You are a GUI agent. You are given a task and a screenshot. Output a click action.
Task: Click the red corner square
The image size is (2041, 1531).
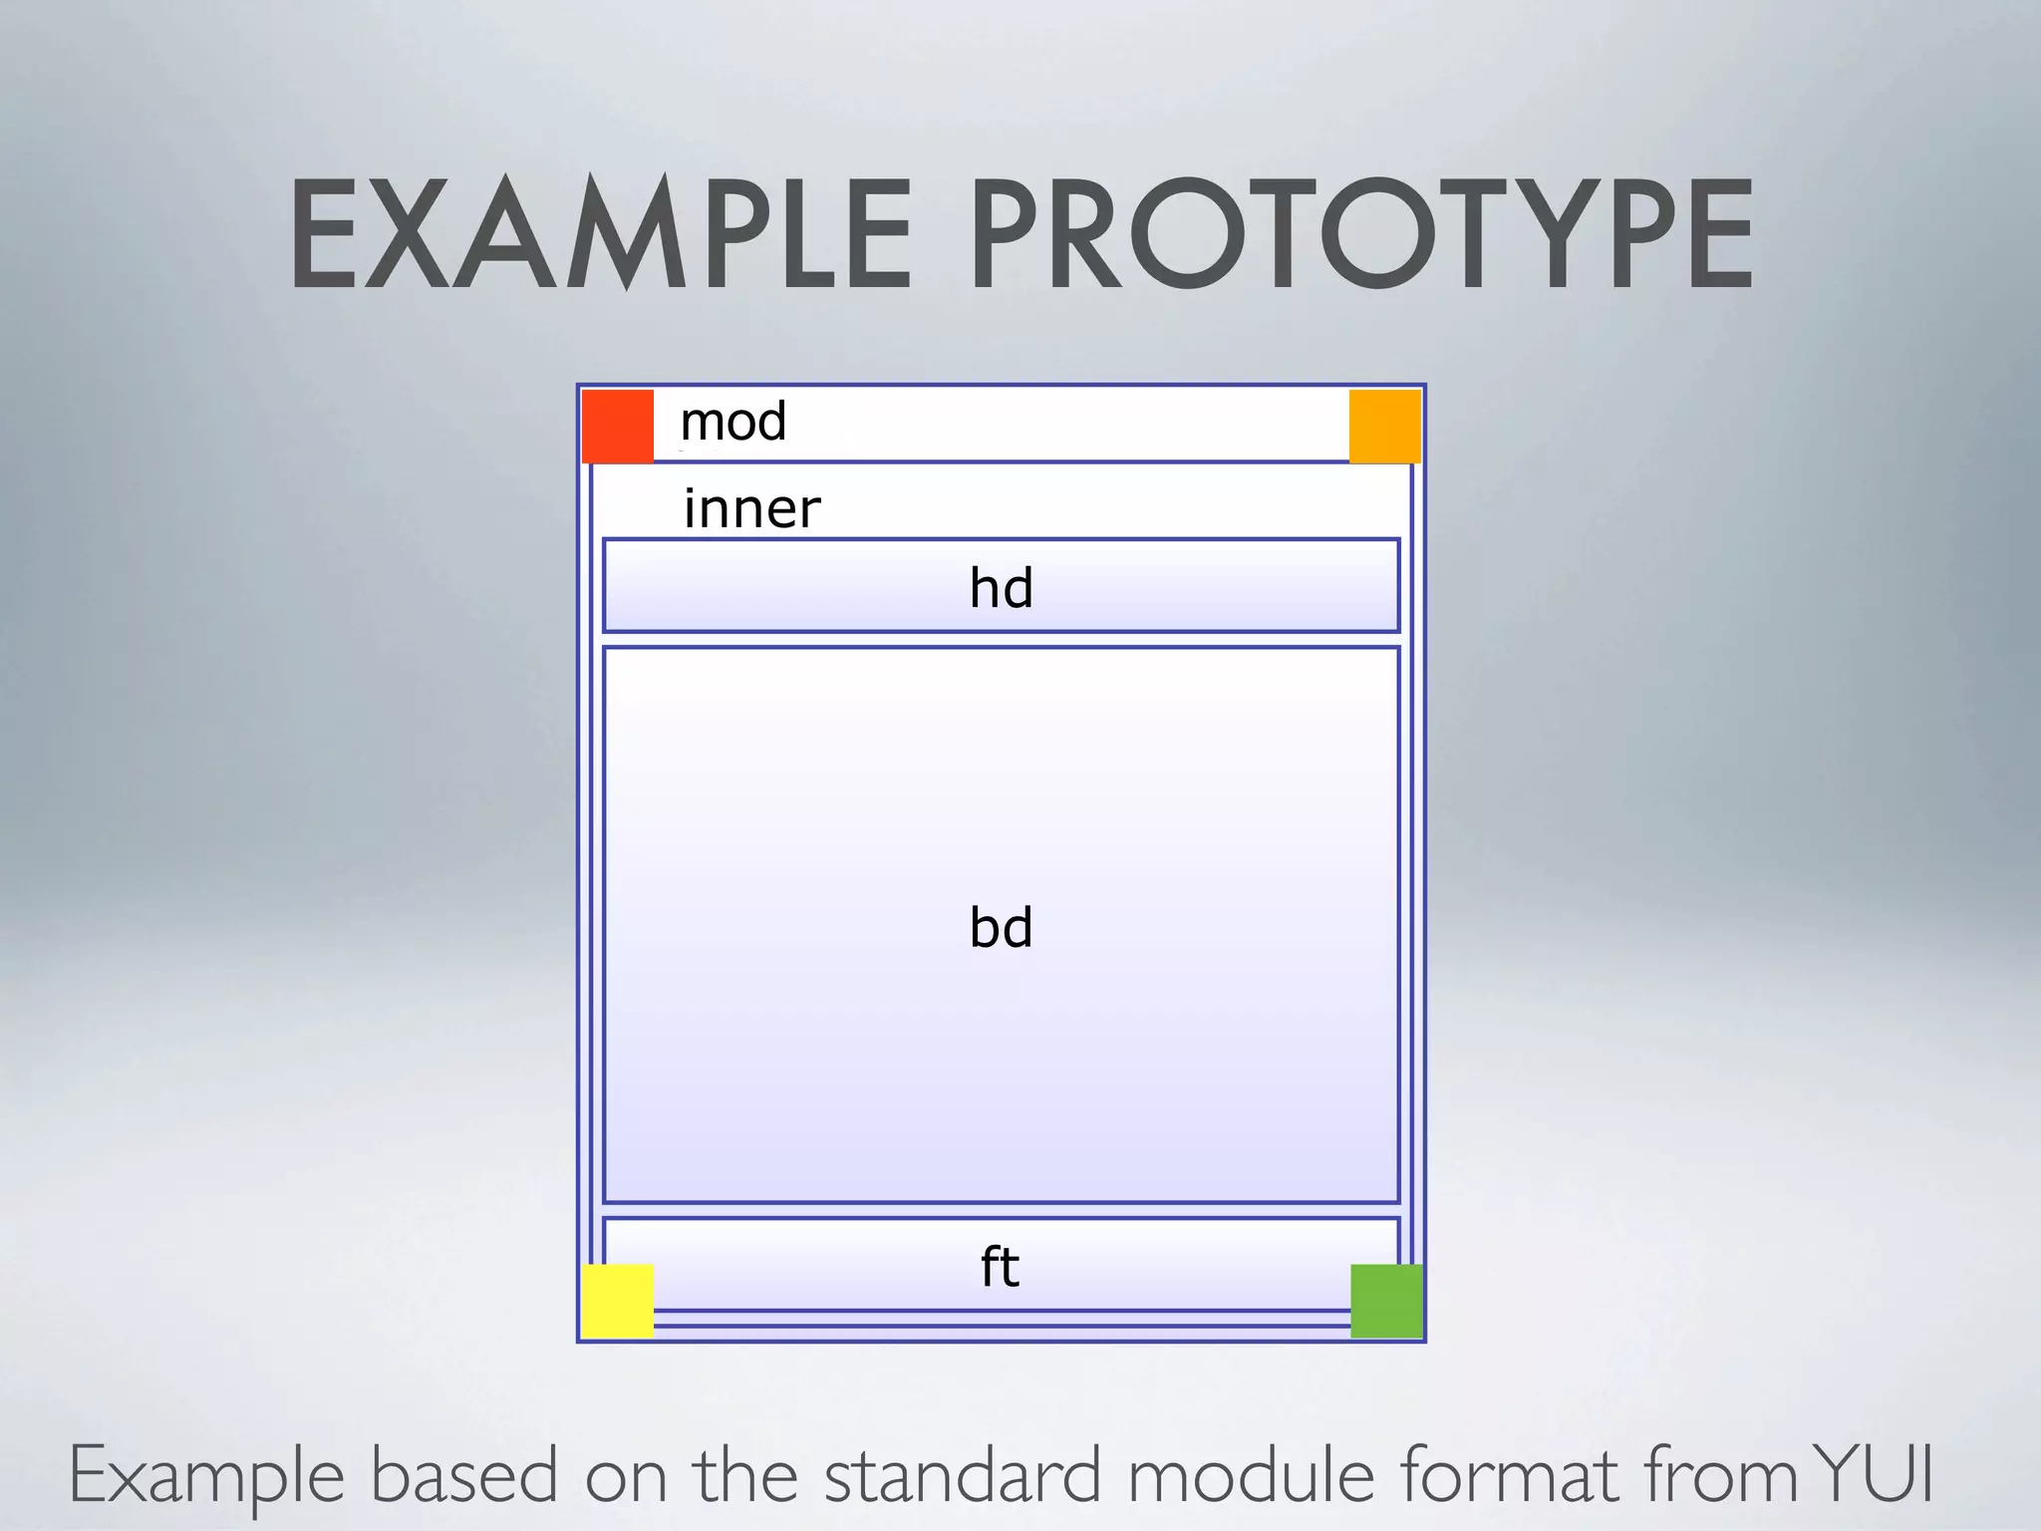coord(617,426)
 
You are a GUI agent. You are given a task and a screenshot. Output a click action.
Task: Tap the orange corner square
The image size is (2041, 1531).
coord(1385,426)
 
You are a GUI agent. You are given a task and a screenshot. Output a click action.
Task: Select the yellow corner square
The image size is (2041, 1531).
coord(617,1301)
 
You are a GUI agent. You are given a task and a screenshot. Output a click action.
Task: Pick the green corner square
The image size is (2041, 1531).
coord(1386,1301)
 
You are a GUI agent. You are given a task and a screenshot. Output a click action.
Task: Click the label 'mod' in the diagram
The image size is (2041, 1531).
coord(733,422)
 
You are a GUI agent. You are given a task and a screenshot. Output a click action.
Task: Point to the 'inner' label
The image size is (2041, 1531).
coord(751,508)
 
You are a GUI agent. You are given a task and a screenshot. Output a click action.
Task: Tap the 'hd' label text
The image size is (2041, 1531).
coord(1001,587)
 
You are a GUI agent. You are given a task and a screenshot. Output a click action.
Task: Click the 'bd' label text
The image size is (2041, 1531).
coord(1001,927)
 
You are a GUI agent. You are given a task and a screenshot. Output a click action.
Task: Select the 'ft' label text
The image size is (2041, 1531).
coord(1000,1267)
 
